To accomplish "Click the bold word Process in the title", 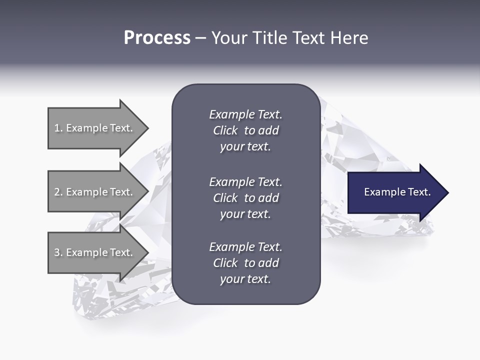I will click(x=157, y=38).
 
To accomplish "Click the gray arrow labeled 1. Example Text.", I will click(x=95, y=128).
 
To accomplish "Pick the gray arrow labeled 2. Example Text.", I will click(x=95, y=192).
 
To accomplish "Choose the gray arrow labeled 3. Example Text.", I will click(x=95, y=252).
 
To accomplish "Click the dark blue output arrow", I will click(x=395, y=192).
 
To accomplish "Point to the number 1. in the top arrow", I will click(x=58, y=128).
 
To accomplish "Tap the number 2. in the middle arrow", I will click(x=58, y=192).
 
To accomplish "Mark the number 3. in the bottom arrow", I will click(x=58, y=252).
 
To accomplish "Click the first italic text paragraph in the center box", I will click(x=245, y=130).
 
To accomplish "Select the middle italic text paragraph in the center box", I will click(x=245, y=198).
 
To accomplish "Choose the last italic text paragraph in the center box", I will click(x=245, y=263).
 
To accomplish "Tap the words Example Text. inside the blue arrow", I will click(x=397, y=192).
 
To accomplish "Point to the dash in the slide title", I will click(x=200, y=38).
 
